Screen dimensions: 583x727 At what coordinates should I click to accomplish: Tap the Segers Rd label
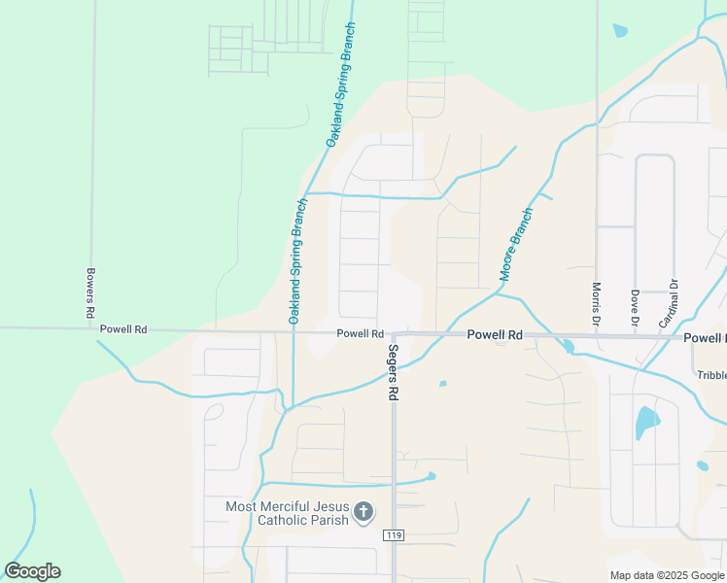pyautogui.click(x=394, y=373)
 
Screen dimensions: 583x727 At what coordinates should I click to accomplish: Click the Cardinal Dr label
pyautogui.click(x=672, y=302)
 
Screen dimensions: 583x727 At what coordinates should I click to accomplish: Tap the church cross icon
pyautogui.click(x=363, y=511)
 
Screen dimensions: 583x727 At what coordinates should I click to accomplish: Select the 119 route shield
pyautogui.click(x=394, y=535)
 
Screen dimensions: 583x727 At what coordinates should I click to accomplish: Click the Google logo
pyautogui.click(x=33, y=571)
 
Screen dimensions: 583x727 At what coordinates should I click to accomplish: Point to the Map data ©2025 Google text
pyautogui.click(x=668, y=575)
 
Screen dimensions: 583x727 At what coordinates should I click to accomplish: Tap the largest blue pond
pyautogui.click(x=644, y=422)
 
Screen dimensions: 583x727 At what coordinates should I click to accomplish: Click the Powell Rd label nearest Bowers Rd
pyautogui.click(x=122, y=329)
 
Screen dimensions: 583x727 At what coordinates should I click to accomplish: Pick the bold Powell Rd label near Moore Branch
pyautogui.click(x=495, y=334)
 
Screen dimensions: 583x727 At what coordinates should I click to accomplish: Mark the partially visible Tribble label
pyautogui.click(x=711, y=375)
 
